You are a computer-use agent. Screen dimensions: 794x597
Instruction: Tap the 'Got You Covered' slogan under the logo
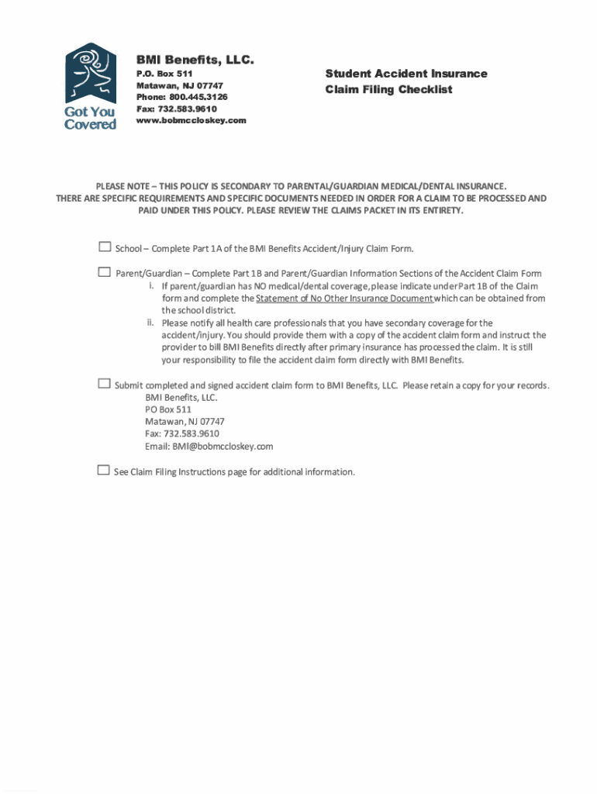click(x=90, y=118)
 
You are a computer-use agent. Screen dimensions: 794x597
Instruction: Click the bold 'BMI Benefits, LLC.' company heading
click(x=195, y=60)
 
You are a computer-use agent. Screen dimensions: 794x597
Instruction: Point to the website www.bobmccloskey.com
click(x=192, y=120)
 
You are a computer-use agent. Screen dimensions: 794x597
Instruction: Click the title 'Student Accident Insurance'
click(x=406, y=74)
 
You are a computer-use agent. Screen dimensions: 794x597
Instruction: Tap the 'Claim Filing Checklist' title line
click(x=388, y=90)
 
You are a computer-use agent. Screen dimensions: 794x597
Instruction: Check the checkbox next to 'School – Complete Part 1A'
click(x=105, y=247)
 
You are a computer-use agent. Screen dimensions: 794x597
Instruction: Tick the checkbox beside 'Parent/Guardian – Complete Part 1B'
click(x=105, y=272)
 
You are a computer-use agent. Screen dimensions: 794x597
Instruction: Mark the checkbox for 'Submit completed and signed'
click(x=105, y=384)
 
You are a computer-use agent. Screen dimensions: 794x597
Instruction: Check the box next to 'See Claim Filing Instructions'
click(x=104, y=470)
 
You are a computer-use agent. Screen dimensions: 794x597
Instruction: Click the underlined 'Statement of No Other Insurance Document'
click(x=344, y=299)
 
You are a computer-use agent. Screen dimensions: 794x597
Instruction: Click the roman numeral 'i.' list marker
click(x=152, y=286)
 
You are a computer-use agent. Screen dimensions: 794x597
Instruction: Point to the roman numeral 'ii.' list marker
click(x=151, y=323)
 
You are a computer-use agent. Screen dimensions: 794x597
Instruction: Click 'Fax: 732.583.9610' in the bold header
click(x=177, y=109)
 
